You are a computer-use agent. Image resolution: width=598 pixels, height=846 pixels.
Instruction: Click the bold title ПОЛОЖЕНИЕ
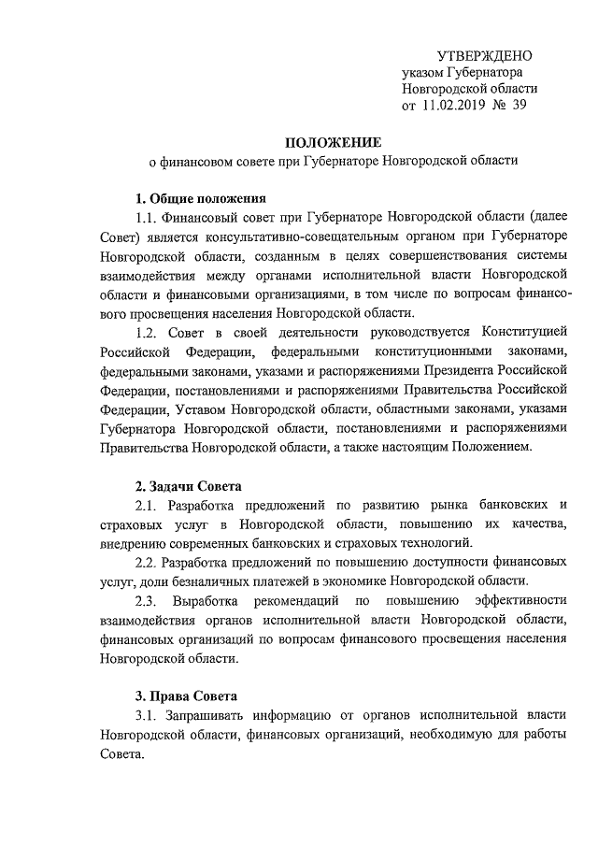(334, 142)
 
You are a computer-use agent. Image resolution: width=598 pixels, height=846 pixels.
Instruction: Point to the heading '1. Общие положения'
(201, 198)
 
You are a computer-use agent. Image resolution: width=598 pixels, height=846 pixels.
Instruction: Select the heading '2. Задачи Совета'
(189, 486)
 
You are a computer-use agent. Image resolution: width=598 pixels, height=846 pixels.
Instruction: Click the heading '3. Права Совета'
(186, 696)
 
